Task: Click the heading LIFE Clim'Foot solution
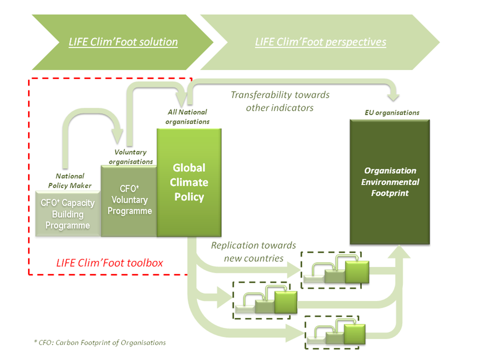click(x=123, y=42)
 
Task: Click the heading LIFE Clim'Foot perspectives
click(x=320, y=42)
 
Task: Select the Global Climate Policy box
click(x=189, y=182)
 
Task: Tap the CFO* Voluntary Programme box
click(x=129, y=200)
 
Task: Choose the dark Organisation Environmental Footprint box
click(x=390, y=182)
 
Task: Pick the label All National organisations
click(x=188, y=117)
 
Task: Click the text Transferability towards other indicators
click(x=280, y=101)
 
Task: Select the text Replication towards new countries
click(x=253, y=252)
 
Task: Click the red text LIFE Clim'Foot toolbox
click(x=109, y=262)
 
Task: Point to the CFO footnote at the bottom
click(x=100, y=342)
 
